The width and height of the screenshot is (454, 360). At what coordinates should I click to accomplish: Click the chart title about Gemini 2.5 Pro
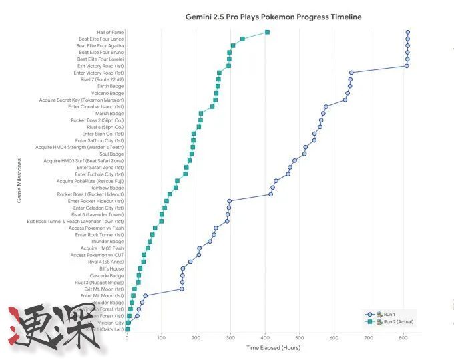(x=273, y=17)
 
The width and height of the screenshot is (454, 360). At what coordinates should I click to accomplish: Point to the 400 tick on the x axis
(x=265, y=339)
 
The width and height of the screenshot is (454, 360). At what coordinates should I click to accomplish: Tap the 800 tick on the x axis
(x=403, y=339)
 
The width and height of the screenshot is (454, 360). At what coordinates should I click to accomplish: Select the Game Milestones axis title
(x=19, y=181)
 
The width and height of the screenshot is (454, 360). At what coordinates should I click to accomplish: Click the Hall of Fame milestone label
(x=110, y=32)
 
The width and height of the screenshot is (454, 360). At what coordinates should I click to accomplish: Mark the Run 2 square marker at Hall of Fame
(x=267, y=32)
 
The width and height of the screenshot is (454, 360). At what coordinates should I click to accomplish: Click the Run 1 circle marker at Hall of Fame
(x=407, y=32)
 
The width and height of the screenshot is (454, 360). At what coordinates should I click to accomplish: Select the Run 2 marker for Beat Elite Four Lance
(x=242, y=39)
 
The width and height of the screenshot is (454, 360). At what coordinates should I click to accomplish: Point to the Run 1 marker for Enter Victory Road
(x=351, y=73)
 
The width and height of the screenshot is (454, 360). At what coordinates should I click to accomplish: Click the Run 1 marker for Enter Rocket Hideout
(x=230, y=201)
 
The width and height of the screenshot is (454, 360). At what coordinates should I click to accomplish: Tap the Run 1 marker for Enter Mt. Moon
(x=146, y=295)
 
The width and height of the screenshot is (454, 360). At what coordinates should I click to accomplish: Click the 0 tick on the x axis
(x=127, y=339)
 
